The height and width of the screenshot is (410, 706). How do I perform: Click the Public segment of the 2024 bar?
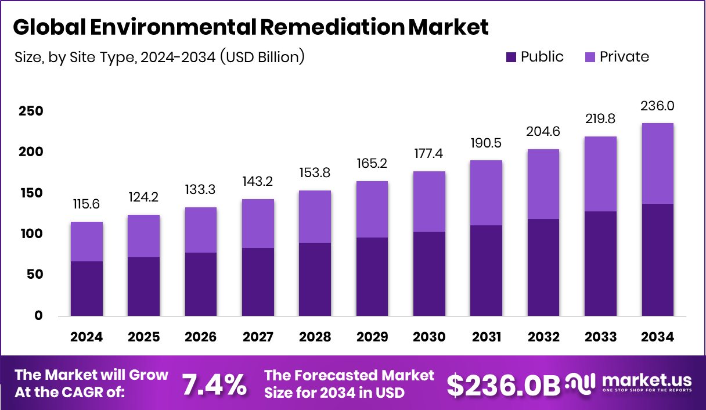click(87, 289)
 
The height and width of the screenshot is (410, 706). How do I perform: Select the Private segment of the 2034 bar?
click(658, 163)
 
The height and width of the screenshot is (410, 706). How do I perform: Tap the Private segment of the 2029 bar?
click(372, 209)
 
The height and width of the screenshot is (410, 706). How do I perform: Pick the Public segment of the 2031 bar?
click(487, 271)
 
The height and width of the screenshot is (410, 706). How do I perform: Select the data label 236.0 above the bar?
click(658, 106)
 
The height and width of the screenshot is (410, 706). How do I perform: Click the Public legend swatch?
click(511, 57)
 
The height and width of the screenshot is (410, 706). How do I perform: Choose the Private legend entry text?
click(624, 57)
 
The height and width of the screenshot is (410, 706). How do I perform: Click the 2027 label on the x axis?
click(258, 337)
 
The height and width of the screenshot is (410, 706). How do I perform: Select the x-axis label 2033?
click(601, 337)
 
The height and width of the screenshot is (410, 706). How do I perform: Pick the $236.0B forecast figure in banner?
click(503, 385)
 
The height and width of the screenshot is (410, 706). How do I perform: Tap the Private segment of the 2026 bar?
click(201, 230)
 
